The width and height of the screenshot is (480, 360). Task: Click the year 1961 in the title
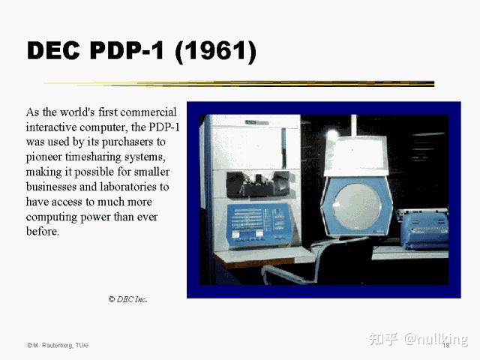click(x=215, y=51)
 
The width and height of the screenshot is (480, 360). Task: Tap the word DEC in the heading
click(x=53, y=50)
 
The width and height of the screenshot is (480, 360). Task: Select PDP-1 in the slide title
click(x=127, y=50)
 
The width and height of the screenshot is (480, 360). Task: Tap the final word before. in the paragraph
click(x=42, y=232)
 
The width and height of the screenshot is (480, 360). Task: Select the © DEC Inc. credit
click(x=128, y=299)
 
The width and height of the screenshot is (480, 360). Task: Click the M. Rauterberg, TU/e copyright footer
click(x=58, y=345)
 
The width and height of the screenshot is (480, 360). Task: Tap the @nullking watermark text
click(x=436, y=339)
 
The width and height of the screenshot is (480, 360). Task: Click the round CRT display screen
click(x=357, y=205)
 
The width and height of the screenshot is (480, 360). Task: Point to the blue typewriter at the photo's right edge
click(x=423, y=228)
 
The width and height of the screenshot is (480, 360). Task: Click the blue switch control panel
click(x=259, y=224)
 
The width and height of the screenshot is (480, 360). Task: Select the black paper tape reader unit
click(x=258, y=184)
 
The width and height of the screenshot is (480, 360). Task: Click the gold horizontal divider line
click(x=238, y=83)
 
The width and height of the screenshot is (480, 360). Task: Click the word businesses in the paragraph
click(x=51, y=187)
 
